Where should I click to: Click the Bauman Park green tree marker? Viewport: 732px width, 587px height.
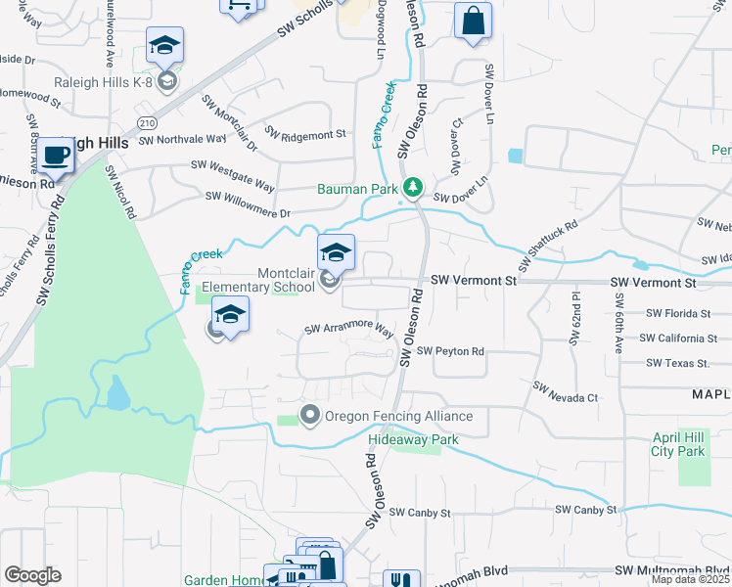click(x=414, y=186)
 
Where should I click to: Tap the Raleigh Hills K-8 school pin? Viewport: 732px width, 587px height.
click(x=165, y=49)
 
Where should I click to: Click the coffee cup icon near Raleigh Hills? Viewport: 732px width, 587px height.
click(x=57, y=157)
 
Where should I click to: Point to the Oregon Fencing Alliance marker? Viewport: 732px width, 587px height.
click(x=310, y=416)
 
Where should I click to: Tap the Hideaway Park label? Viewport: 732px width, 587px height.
click(x=413, y=439)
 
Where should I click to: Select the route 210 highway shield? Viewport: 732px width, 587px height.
click(x=147, y=123)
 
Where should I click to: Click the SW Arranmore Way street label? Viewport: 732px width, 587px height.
click(x=349, y=331)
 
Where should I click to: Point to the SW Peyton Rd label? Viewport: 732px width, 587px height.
click(x=450, y=351)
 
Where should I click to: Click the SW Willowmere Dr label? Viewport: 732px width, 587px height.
click(x=248, y=204)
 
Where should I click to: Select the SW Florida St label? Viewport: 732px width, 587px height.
click(x=678, y=313)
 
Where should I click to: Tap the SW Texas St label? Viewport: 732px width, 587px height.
click(x=677, y=364)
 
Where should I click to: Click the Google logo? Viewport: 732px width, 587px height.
click(x=32, y=575)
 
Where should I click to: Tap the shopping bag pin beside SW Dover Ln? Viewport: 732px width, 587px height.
click(x=473, y=23)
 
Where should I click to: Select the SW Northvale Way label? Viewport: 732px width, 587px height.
click(x=183, y=140)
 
